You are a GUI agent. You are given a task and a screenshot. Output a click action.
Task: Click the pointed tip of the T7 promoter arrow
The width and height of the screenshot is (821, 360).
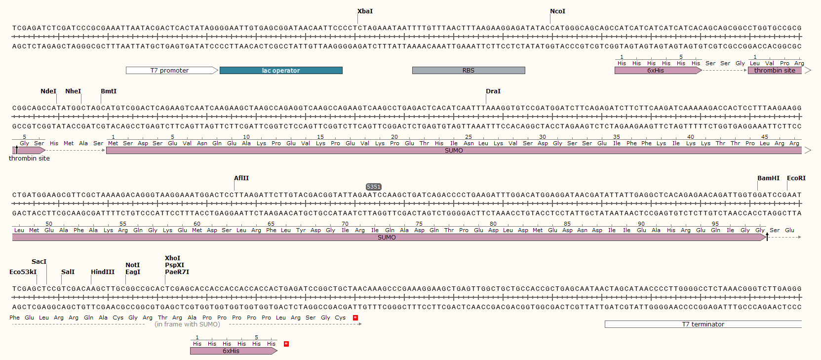[x=218, y=71]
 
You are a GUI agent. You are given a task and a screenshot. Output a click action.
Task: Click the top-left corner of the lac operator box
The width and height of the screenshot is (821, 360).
[x=220, y=67]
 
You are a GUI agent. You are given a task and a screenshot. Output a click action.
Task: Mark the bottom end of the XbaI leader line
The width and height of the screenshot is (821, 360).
[x=358, y=24]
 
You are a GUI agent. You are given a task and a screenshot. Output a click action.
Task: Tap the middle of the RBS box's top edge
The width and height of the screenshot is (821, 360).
[x=469, y=67]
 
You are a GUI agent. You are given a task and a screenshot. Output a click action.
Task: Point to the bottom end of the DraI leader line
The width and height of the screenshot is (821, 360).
[x=486, y=103]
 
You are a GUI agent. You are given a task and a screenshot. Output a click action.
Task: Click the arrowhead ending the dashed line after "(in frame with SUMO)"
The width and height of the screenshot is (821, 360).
[x=361, y=324]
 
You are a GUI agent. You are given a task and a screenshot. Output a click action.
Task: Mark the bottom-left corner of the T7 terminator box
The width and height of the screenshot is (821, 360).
[x=605, y=327]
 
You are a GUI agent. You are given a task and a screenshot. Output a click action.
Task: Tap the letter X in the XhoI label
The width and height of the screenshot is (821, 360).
[x=167, y=258]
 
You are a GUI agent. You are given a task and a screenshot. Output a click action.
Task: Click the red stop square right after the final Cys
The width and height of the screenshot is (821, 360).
[x=355, y=318]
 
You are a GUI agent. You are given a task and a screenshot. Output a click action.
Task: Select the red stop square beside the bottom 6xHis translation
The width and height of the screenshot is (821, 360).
[x=286, y=344]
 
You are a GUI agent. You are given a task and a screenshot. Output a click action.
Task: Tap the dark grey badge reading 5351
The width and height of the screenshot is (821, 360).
[x=374, y=187]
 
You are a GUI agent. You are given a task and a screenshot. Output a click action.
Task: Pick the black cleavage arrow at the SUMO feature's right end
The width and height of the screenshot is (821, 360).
[x=767, y=237]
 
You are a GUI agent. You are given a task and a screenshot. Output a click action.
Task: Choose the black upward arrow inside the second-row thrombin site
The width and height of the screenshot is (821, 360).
[x=16, y=150]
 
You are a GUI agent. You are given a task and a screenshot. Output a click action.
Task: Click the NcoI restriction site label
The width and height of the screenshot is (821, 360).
[x=557, y=11]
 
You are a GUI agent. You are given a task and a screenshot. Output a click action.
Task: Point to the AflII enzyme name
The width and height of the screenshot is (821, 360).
[x=241, y=178]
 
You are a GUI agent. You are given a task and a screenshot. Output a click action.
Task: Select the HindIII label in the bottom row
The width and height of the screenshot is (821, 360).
[x=103, y=272]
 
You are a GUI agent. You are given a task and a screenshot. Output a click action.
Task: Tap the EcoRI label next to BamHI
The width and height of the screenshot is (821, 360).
[x=796, y=178]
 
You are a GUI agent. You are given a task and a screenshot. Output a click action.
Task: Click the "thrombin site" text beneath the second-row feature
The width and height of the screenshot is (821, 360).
[x=29, y=159]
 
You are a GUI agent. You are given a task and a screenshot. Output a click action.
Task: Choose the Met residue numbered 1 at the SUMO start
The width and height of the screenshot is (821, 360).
[x=113, y=143]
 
